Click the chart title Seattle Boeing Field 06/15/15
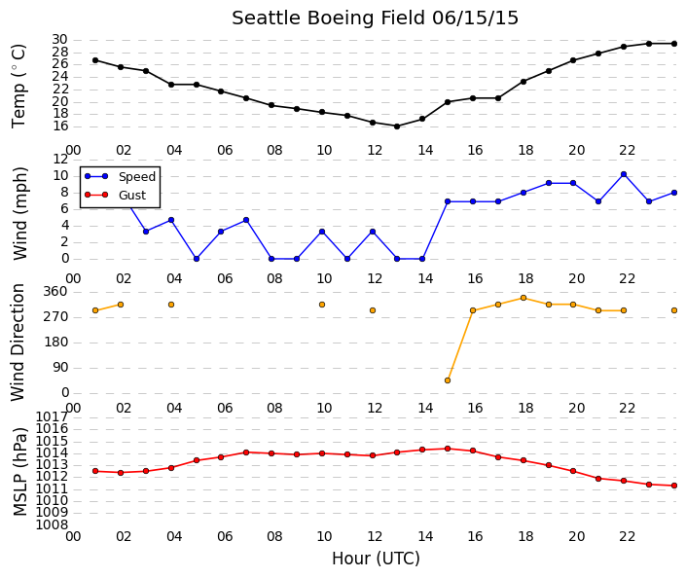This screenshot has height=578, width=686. (x=375, y=18)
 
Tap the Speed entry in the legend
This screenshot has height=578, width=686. (x=137, y=177)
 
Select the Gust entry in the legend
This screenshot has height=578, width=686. (x=132, y=196)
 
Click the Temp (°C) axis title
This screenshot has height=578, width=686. (x=19, y=87)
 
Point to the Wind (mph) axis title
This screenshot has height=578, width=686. (x=20, y=213)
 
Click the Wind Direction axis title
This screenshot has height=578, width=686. (x=18, y=343)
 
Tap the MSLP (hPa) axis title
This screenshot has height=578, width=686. (x=20, y=471)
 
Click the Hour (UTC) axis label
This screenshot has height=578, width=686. (x=376, y=559)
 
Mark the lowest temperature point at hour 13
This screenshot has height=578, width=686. (x=397, y=126)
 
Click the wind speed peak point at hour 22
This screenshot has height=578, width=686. (x=624, y=174)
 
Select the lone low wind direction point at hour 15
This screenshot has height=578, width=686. (x=448, y=380)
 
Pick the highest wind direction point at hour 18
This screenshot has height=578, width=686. (x=524, y=298)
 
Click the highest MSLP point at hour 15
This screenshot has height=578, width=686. (x=448, y=449)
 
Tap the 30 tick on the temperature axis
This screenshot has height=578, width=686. (x=59, y=40)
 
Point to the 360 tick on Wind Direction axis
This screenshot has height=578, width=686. (x=56, y=292)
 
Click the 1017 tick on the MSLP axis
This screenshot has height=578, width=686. (x=52, y=416)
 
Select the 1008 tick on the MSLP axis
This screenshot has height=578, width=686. (x=52, y=524)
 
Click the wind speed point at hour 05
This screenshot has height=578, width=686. (x=197, y=259)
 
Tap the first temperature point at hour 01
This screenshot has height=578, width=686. (x=95, y=60)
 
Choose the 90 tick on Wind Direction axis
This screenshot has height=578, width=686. (x=60, y=368)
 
